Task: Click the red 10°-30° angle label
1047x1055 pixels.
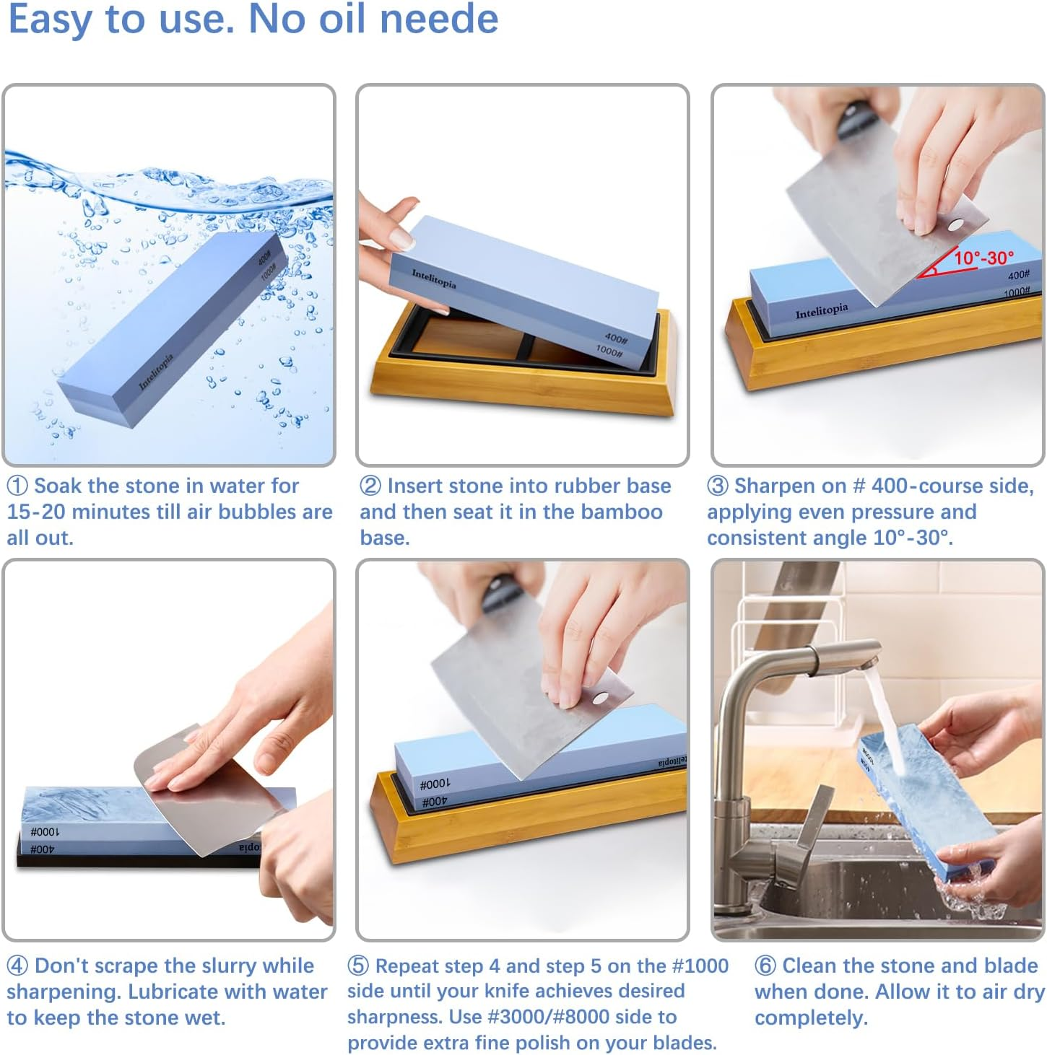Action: tap(983, 258)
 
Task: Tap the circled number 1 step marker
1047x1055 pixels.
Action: tap(17, 486)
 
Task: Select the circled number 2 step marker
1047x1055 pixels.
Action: tap(370, 486)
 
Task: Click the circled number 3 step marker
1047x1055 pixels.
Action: tap(717, 486)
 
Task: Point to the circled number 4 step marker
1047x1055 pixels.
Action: tap(17, 966)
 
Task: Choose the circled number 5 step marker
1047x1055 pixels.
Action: tap(358, 966)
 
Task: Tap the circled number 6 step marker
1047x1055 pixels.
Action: tap(765, 966)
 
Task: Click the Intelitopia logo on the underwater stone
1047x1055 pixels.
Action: tap(156, 372)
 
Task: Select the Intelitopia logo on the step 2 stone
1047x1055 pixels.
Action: tap(434, 279)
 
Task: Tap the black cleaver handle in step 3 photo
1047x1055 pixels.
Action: tap(855, 120)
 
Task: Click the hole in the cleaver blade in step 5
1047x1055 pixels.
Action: tap(599, 698)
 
